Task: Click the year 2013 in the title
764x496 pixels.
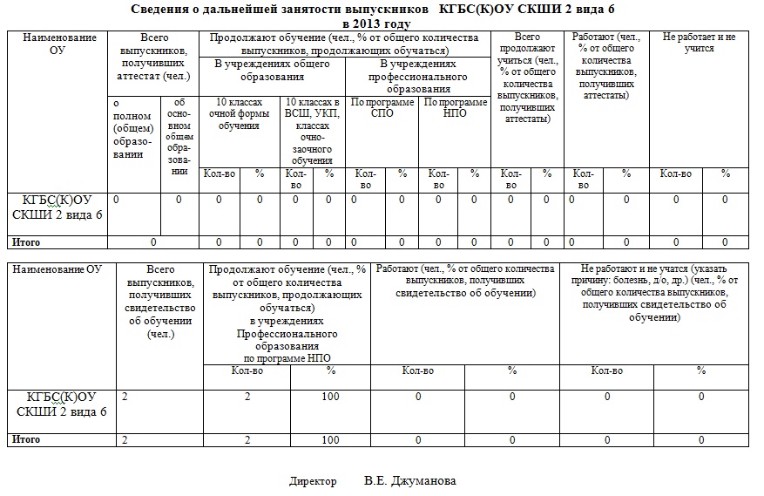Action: tap(369, 24)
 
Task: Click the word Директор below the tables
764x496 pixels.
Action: tap(313, 480)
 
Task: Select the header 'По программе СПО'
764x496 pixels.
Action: tap(382, 107)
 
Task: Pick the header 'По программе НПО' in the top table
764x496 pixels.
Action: tap(456, 107)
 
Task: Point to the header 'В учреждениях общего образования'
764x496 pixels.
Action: tap(272, 71)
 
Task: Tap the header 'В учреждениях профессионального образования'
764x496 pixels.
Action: tap(418, 77)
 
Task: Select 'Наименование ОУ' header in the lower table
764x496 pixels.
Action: tap(57, 269)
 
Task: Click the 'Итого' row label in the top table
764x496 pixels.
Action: tap(24, 241)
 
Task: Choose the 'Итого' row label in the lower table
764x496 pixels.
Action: tap(24, 439)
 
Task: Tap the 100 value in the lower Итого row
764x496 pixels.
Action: tap(330, 439)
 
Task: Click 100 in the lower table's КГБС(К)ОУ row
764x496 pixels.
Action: tap(330, 397)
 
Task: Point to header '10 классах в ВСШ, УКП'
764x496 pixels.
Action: tap(311, 131)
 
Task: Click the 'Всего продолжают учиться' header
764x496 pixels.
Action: tap(527, 78)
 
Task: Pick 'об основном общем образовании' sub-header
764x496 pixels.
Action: tap(179, 136)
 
